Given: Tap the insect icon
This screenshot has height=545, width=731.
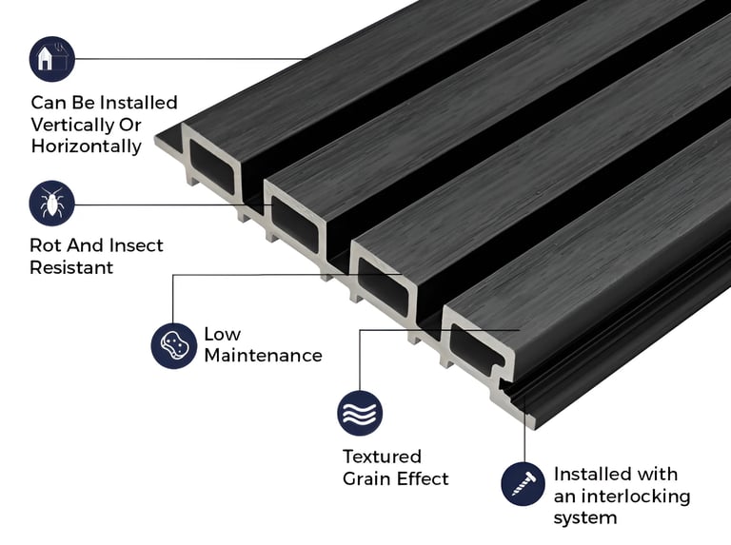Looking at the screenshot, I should (52, 204).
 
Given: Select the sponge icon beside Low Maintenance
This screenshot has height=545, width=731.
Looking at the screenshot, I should (173, 344).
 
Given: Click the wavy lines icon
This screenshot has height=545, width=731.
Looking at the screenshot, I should (360, 413).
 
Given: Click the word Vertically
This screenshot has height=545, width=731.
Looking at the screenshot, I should (71, 125).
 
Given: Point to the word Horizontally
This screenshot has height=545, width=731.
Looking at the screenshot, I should (87, 146).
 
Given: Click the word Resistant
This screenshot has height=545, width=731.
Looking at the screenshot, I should (71, 267).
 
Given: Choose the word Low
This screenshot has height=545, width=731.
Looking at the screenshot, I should (223, 334).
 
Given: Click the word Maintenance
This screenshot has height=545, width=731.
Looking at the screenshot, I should (263, 356).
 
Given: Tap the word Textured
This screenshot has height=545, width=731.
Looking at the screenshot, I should (382, 457).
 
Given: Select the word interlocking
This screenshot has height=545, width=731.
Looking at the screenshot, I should (635, 496).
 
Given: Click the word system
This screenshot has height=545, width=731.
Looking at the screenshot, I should (585, 518).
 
